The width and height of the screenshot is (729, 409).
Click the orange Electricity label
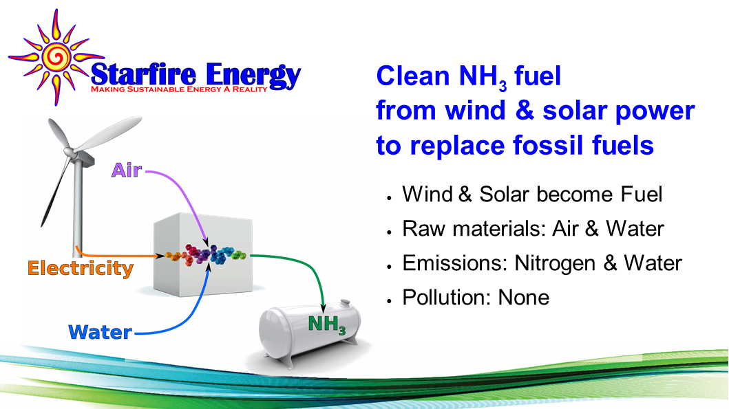(x=81, y=268)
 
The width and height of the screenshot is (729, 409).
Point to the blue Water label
(x=100, y=333)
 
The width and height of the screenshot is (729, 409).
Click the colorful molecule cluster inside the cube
(x=207, y=256)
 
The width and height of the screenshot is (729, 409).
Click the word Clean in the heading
(x=404, y=76)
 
